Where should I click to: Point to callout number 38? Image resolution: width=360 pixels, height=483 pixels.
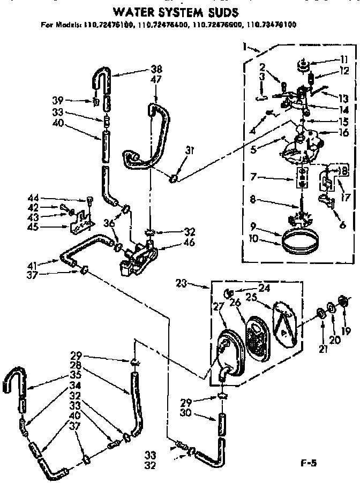click(156, 69)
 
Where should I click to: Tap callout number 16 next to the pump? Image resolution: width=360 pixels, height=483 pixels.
click(344, 132)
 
